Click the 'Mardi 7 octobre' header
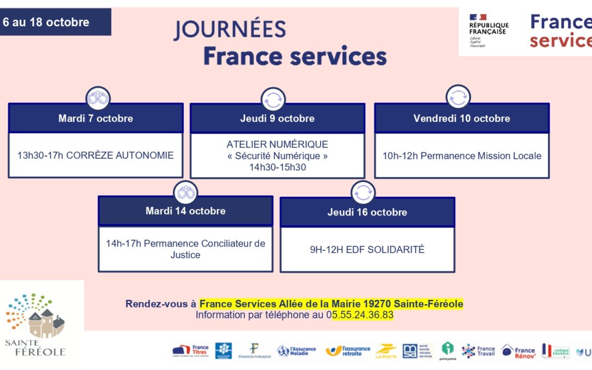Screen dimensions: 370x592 [95, 118]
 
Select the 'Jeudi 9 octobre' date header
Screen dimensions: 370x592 [277, 118]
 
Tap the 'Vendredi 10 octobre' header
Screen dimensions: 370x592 [462, 118]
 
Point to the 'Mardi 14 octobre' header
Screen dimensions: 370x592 [185, 211]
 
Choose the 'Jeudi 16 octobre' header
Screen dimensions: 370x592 [367, 212]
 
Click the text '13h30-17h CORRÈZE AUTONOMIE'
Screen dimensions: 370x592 [95, 155]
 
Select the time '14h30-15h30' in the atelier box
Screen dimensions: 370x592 [277, 167]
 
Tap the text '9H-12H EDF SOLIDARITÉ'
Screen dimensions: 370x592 [367, 249]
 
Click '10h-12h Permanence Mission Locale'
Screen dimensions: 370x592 [462, 156]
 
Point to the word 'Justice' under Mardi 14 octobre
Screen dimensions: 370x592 [185, 255]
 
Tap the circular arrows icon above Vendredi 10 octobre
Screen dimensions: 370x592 [458, 98]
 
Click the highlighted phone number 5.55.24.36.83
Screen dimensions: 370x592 [362, 315]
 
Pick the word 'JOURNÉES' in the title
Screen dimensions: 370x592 [230, 30]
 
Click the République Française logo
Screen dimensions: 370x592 [488, 30]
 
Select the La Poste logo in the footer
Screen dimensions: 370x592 [386, 351]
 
